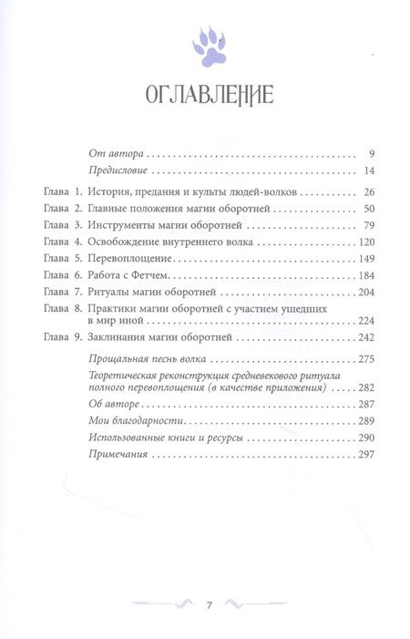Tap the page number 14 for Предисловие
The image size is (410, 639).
click(x=369, y=171)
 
